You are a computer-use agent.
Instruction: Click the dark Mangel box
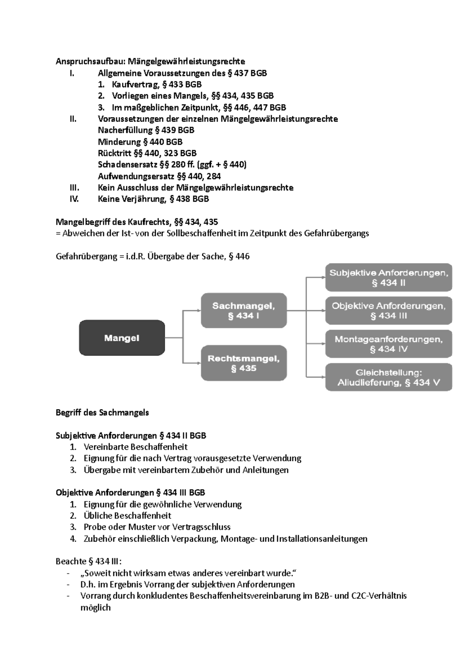tap(122, 338)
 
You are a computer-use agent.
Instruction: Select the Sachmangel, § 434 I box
tap(244, 310)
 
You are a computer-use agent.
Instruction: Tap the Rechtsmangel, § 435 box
tap(244, 363)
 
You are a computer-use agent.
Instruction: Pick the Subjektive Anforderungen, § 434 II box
tap(388, 277)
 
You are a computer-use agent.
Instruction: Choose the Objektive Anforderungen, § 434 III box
tap(388, 310)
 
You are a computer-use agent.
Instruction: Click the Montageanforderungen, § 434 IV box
tap(388, 344)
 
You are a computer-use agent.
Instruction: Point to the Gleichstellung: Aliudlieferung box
tap(388, 377)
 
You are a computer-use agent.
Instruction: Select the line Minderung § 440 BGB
tap(140, 142)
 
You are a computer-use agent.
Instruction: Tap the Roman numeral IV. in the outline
tap(74, 199)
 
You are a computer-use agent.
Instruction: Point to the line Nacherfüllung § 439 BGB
tap(146, 130)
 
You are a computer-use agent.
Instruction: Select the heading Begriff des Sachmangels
tap(102, 413)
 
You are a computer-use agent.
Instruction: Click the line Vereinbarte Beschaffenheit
tap(135, 447)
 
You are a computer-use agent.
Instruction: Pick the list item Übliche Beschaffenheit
tap(127, 516)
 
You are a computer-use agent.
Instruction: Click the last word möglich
tap(95, 608)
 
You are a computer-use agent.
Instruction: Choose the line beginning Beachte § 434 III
tap(89, 562)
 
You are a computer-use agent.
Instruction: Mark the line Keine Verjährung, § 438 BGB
tap(153, 199)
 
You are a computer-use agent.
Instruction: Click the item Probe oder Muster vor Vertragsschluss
tap(157, 527)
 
